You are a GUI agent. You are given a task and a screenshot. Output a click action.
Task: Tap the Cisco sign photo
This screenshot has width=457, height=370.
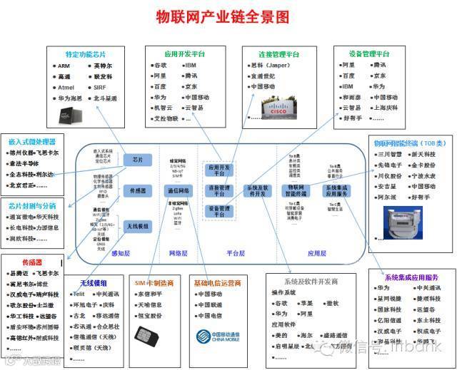(x=285, y=108)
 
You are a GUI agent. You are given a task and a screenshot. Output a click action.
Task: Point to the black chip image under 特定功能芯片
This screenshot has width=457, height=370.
(x=65, y=109)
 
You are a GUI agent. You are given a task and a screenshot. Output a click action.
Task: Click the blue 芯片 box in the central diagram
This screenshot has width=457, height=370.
(x=138, y=160)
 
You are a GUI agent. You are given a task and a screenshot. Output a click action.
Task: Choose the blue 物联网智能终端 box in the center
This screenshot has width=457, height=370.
(x=295, y=191)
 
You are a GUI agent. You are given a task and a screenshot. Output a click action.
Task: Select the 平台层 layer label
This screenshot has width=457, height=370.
(x=236, y=253)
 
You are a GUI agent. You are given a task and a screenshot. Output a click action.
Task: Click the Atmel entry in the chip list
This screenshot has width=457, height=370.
(x=65, y=88)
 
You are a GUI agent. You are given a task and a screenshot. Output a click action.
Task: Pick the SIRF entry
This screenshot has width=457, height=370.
(x=99, y=88)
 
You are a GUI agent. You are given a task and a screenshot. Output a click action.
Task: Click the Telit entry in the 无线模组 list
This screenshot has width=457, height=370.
(x=79, y=294)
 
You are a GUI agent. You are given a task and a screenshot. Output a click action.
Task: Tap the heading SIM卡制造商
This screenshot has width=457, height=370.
(x=156, y=282)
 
